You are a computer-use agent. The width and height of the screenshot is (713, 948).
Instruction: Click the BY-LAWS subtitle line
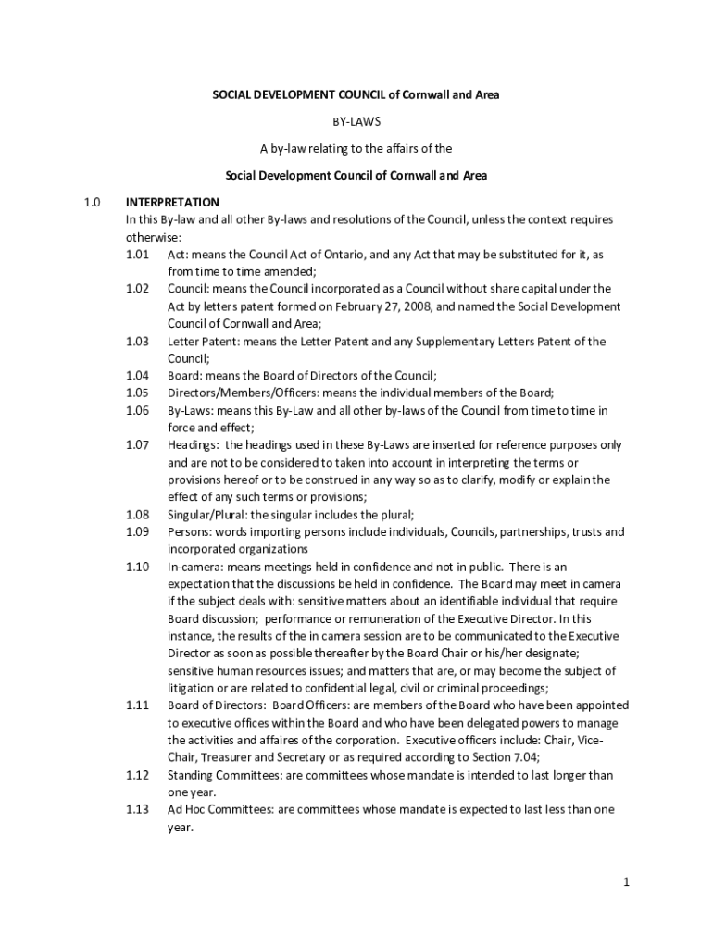356,121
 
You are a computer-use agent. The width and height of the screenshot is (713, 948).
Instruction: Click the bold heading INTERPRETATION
172,202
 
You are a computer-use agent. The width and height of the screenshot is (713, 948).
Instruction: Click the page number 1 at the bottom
626,882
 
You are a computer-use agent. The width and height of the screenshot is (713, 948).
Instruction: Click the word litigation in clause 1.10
193,688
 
